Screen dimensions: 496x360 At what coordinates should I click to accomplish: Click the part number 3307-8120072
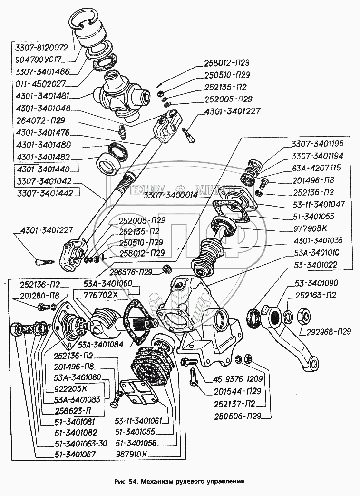point(41,48)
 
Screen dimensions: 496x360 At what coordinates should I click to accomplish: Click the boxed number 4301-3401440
point(42,169)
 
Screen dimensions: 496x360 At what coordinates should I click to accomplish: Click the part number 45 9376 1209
point(235,380)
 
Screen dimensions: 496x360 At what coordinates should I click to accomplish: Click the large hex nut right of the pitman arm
point(303,316)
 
